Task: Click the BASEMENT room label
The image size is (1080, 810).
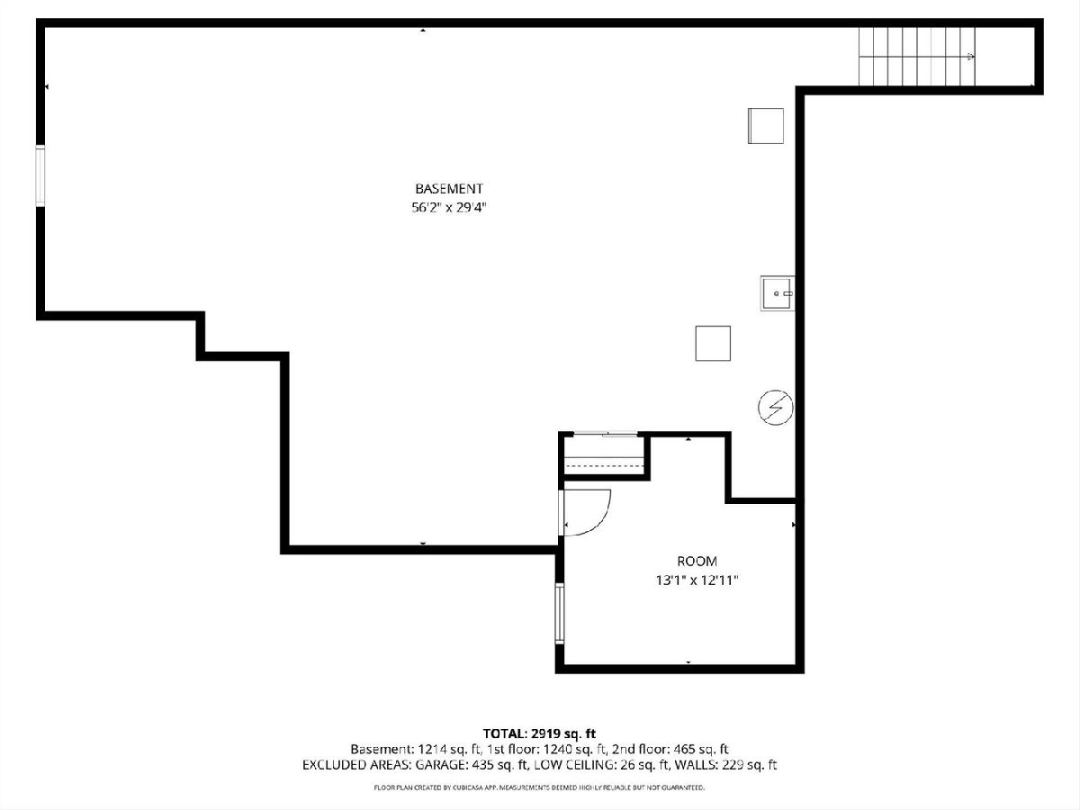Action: (x=449, y=188)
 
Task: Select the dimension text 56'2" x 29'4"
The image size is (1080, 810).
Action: (x=449, y=208)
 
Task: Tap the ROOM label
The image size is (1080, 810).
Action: (x=697, y=561)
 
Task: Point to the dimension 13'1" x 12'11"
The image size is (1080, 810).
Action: (x=697, y=580)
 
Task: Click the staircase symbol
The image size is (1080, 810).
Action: (x=916, y=56)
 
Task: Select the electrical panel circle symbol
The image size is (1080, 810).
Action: (x=776, y=407)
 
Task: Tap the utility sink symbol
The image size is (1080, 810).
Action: (x=778, y=293)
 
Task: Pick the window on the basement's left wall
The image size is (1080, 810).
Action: (x=40, y=175)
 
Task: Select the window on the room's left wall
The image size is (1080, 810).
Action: (x=560, y=613)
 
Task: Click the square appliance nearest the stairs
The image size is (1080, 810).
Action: (x=766, y=126)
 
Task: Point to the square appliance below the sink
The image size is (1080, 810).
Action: (x=713, y=343)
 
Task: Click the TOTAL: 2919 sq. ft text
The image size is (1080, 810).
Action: (x=539, y=733)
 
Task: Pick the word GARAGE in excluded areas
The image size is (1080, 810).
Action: (x=442, y=765)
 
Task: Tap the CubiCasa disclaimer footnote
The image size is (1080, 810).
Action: (x=539, y=787)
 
